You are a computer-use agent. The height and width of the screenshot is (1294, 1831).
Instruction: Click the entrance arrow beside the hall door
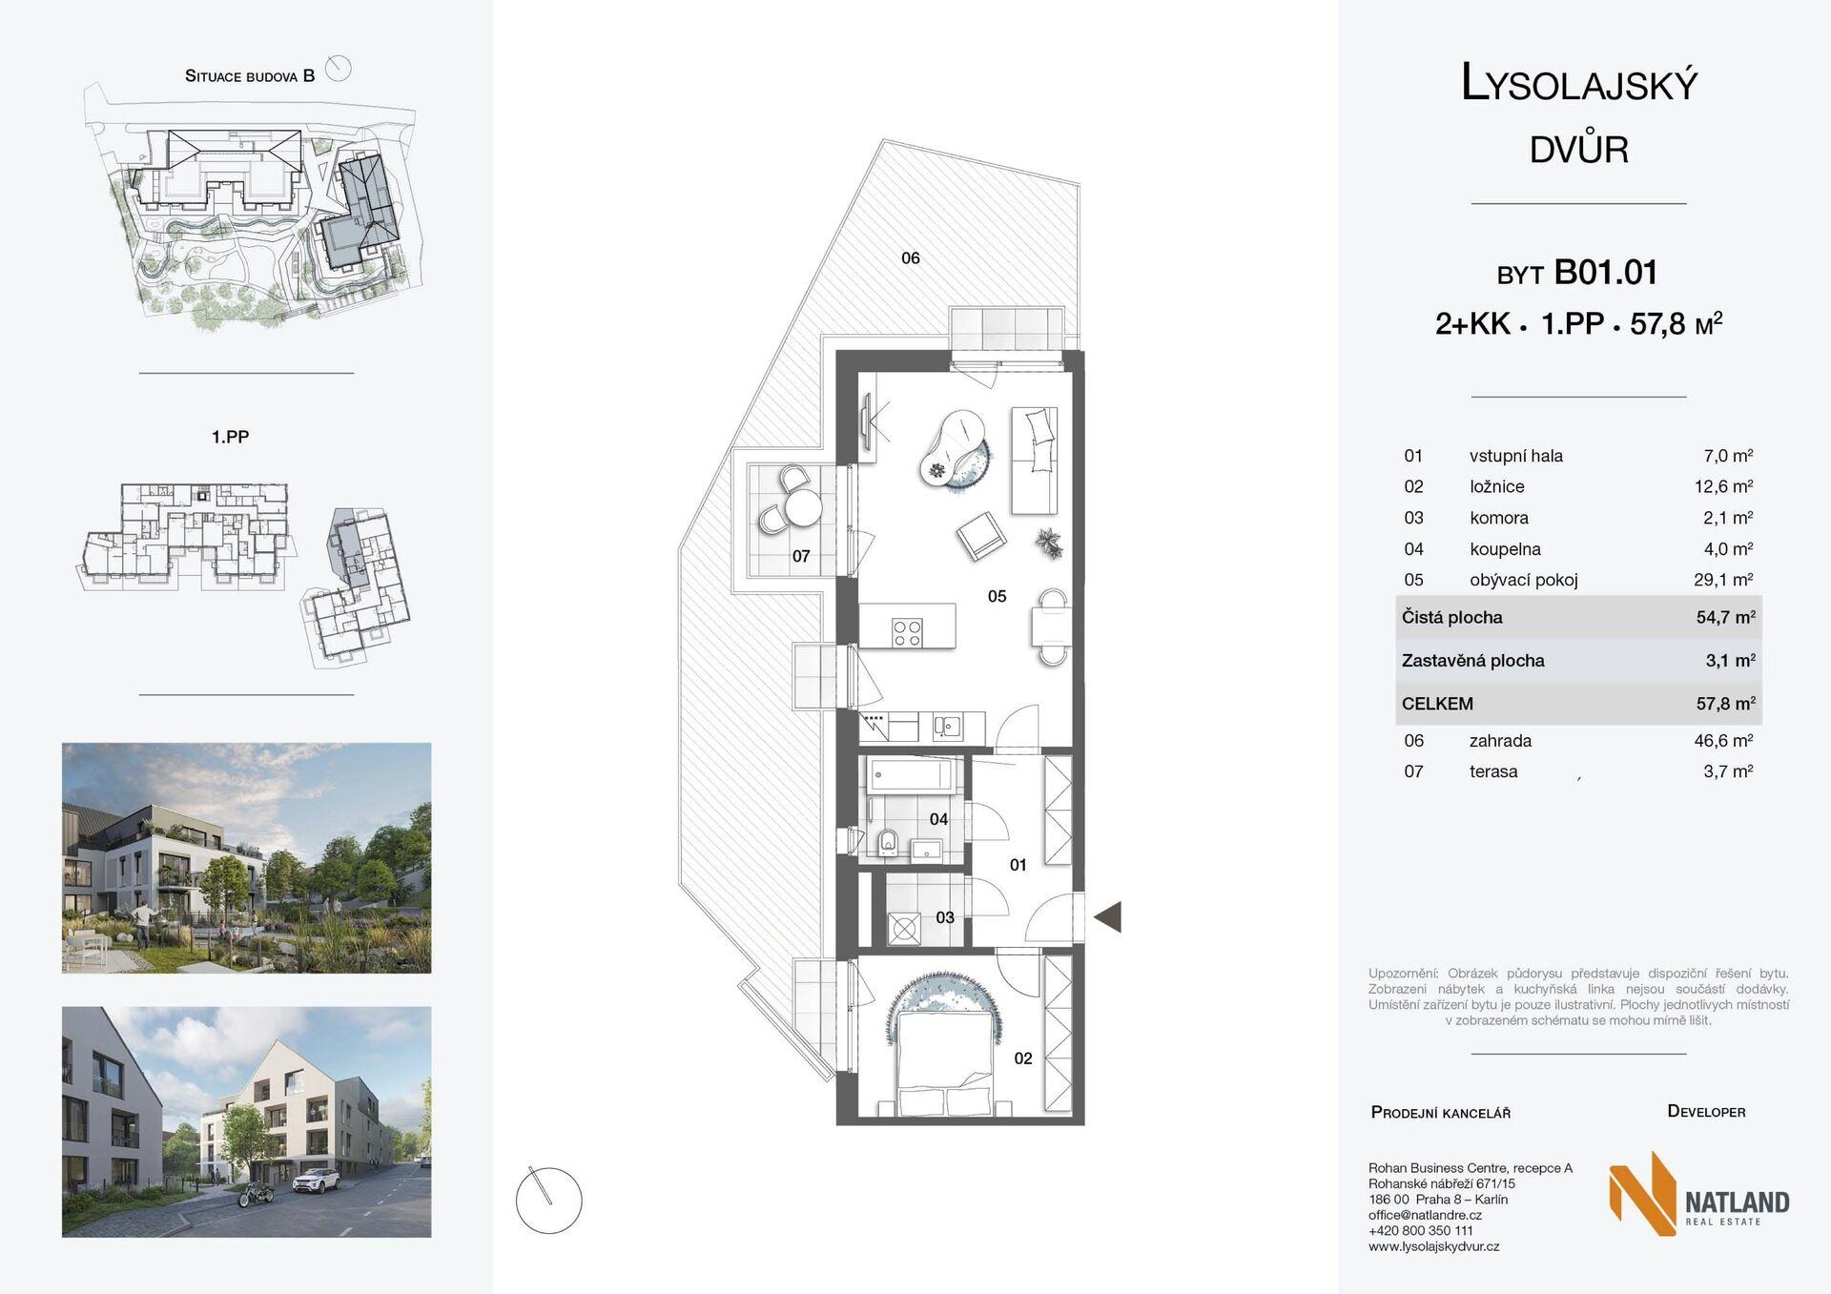point(1108,917)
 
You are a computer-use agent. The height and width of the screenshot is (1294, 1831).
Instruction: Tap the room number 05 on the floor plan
point(997,596)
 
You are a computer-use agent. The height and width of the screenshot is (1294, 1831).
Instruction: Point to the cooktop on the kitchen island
point(907,632)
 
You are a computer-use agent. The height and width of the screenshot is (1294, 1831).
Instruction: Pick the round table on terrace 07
point(802,508)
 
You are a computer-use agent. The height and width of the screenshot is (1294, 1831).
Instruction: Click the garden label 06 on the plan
point(911,257)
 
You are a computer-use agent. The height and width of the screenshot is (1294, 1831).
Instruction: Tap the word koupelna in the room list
point(1505,549)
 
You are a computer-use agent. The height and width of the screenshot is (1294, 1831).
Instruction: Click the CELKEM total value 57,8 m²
point(1725,704)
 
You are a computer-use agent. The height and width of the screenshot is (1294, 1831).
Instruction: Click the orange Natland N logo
point(1642,1194)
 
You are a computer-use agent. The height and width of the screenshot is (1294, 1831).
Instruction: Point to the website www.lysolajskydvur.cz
point(1433,1246)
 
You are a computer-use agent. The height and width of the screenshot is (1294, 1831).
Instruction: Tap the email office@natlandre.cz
point(1425,1215)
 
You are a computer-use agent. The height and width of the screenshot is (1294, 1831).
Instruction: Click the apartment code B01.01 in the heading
point(1606,273)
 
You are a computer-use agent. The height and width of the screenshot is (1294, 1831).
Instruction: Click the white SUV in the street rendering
point(315,1183)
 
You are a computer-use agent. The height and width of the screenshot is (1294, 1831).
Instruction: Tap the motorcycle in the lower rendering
point(256,1192)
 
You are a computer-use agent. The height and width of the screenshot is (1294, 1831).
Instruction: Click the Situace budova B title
point(250,76)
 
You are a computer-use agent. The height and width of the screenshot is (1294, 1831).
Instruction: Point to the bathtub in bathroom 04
point(911,774)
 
